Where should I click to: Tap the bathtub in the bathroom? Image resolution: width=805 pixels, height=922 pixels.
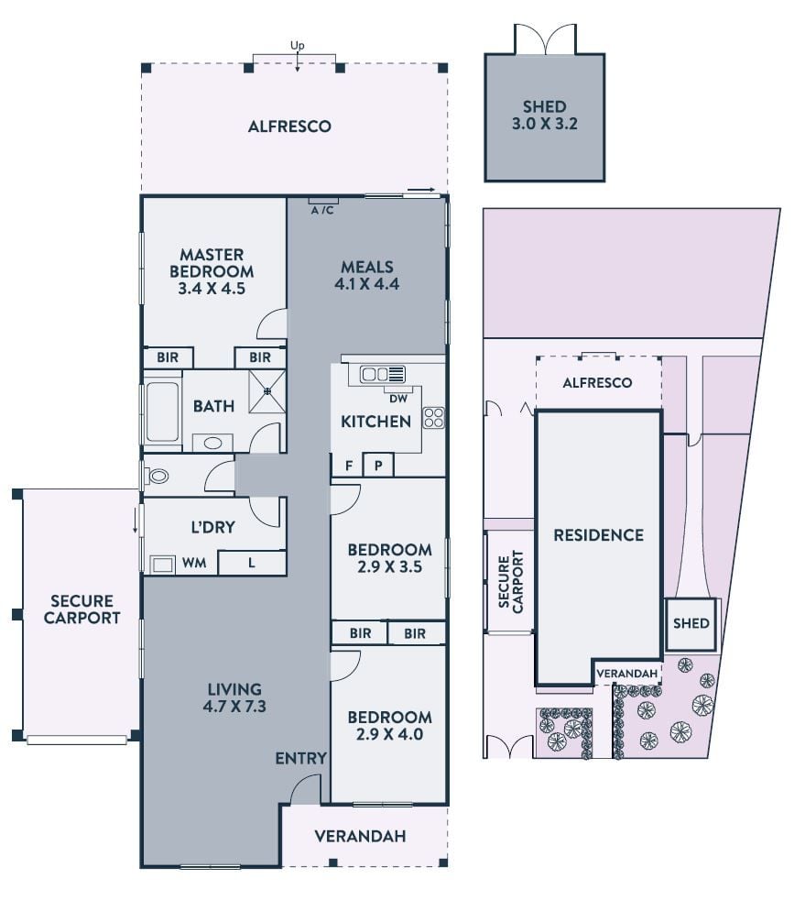161,411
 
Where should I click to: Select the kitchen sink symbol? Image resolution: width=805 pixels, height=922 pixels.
383,375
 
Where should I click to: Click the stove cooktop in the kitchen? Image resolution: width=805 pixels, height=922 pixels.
434,418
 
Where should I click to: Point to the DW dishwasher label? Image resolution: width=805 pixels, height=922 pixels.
398,399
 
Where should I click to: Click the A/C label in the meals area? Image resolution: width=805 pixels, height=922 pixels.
322,211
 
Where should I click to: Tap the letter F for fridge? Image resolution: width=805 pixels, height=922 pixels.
349,466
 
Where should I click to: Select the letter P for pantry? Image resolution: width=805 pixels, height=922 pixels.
378,466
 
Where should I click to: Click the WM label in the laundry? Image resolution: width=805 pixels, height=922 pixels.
194,563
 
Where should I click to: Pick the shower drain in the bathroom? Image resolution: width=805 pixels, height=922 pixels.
267,390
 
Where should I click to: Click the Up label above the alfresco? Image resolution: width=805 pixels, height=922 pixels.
298,45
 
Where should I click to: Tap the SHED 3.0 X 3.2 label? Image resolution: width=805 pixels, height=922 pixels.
545,115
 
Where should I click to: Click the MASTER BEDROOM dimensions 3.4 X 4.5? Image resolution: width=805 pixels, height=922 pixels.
212,288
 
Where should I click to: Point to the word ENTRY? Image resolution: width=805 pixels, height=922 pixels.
301,759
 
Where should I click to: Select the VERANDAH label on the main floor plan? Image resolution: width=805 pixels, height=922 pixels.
360,836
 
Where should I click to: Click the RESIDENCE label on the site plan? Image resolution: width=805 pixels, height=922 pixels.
599,535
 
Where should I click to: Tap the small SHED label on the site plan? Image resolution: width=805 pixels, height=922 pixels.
691,623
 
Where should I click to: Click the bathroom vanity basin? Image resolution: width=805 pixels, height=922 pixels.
212,443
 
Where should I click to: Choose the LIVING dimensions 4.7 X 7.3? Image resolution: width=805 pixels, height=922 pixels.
234,707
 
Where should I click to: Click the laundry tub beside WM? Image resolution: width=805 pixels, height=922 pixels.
162,565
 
